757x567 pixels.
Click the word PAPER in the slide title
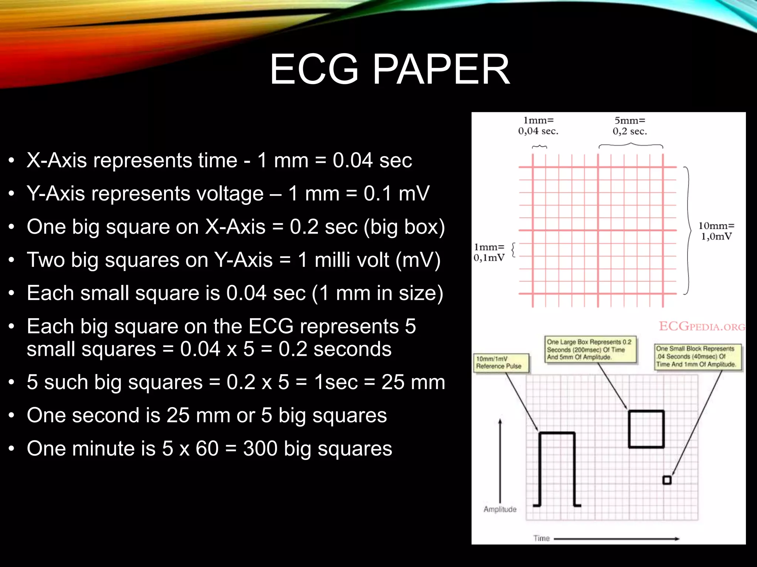pos(441,69)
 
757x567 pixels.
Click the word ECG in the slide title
pos(314,69)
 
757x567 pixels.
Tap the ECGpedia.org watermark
pos(702,327)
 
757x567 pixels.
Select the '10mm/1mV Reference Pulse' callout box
pos(501,362)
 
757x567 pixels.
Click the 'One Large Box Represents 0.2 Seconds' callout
pos(590,350)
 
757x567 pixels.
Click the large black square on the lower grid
pos(646,429)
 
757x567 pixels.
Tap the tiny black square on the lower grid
pos(667,480)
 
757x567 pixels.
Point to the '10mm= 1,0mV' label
pos(716,231)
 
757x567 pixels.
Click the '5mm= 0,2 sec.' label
pos(630,126)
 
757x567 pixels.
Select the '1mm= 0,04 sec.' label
pos(538,126)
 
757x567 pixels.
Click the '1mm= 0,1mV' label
pos(489,252)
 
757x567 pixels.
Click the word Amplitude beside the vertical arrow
pos(500,509)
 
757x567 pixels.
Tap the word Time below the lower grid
pos(542,539)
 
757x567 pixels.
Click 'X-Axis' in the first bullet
pos(57,161)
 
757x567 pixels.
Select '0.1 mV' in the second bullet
pos(397,194)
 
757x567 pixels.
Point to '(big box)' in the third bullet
pos(404,227)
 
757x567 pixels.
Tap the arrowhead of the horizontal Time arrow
pos(677,539)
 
